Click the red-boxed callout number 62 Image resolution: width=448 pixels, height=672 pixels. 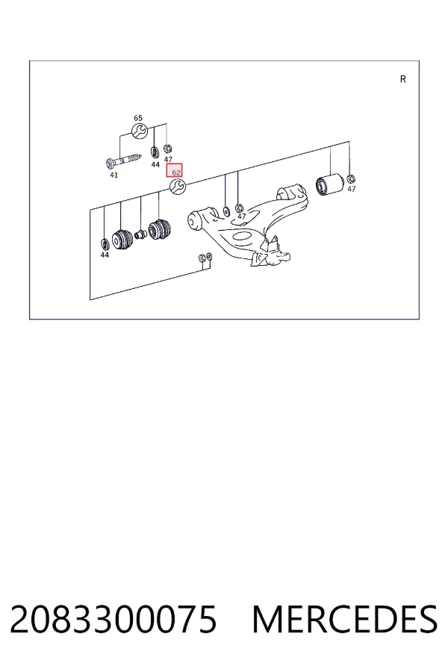pos(175,170)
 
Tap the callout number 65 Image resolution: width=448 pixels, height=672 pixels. pos(138,118)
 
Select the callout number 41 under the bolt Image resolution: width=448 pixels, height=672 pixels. pos(113,175)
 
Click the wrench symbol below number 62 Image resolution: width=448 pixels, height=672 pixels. pos(178,187)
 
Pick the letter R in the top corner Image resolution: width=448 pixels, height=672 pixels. pos(402,79)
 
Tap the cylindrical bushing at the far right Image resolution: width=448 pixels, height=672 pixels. pos(329,184)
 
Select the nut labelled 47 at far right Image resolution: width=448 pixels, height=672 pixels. pos(350,178)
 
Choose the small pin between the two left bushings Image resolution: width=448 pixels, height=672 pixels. pos(140,234)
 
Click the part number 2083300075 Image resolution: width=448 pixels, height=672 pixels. pos(113,619)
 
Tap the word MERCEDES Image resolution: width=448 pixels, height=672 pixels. pos(345,619)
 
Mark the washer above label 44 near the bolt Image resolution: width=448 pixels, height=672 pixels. pos(155,152)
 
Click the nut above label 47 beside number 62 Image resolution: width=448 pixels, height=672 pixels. pos(168,149)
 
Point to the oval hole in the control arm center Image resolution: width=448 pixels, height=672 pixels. pos(241,236)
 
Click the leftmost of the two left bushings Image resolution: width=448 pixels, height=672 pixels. pos(122,240)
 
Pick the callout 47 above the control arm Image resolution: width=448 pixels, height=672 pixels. pos(242,217)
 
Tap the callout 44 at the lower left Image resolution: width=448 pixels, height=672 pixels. pos(105,255)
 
